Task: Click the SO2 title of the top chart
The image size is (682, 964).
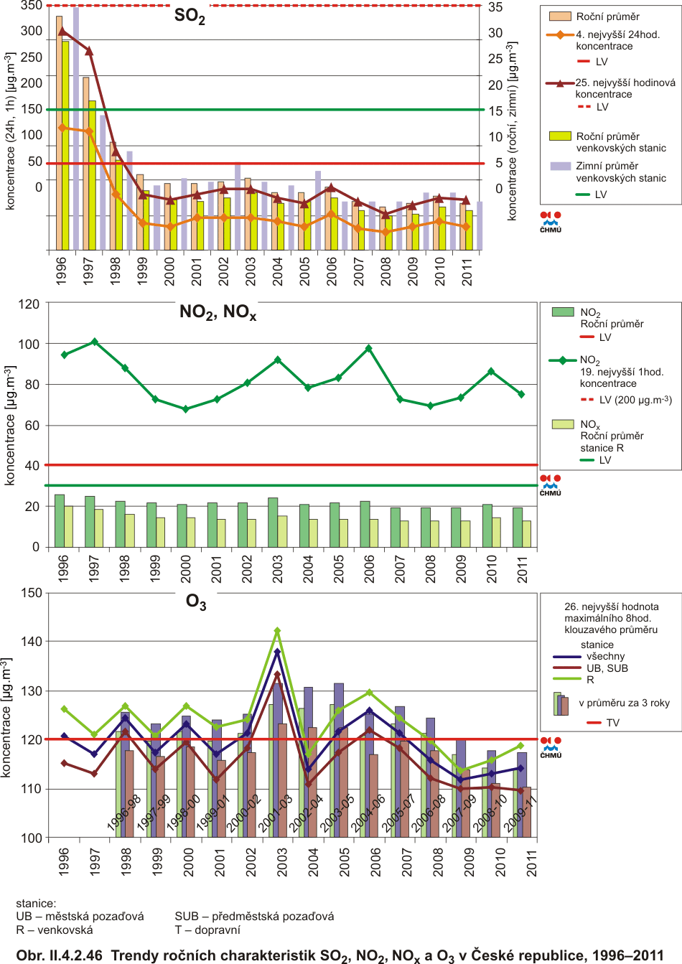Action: (190, 17)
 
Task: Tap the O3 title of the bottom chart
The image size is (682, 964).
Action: (196, 602)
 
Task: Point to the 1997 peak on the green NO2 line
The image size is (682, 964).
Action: (95, 342)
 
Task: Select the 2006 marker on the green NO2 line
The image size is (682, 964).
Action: (369, 348)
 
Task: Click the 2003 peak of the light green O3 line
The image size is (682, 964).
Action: (277, 631)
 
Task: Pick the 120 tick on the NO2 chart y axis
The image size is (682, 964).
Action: (29, 304)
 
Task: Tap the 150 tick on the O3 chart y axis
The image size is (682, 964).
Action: (32, 593)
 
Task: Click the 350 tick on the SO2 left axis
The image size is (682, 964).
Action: (32, 6)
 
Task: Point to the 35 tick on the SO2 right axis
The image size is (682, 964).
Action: (495, 7)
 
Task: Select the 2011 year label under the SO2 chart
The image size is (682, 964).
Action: (467, 271)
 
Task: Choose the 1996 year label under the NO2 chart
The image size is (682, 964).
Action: (63, 568)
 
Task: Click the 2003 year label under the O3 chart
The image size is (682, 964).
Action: (282, 861)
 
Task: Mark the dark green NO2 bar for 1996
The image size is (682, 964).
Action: (60, 520)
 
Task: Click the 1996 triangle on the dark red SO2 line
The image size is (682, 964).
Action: (62, 31)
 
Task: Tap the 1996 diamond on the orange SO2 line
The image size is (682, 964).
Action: (62, 128)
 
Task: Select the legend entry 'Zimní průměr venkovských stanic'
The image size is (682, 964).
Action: (620, 172)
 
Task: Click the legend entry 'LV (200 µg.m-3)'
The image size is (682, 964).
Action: (635, 400)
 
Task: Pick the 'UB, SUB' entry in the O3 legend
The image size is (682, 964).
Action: (607, 668)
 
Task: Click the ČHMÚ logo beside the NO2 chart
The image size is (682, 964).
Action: (551, 484)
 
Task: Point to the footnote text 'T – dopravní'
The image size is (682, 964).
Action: (207, 930)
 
